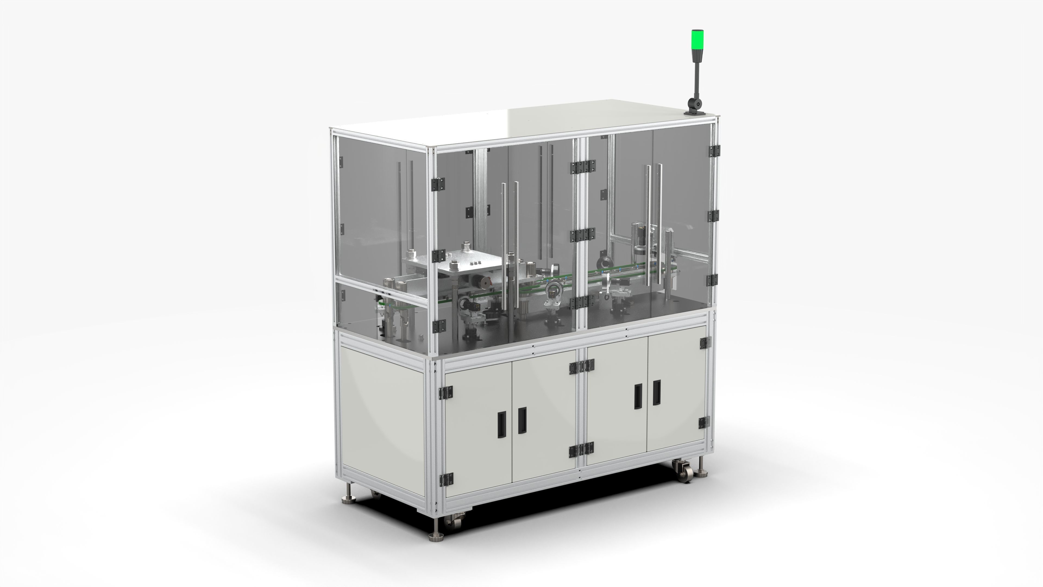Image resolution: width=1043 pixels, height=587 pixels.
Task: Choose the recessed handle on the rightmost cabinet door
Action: (x=657, y=392)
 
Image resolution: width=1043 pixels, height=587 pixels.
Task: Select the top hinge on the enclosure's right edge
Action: (x=714, y=151)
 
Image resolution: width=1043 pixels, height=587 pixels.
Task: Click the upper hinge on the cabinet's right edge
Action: (x=705, y=343)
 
